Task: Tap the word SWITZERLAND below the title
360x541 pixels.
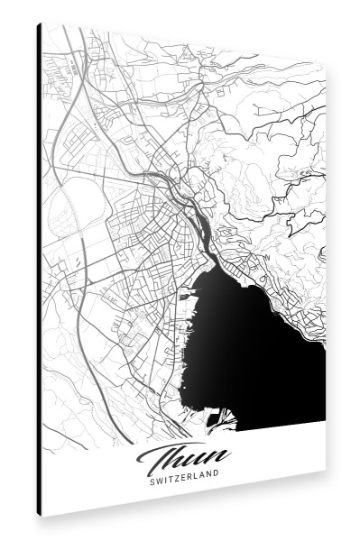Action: click(187, 479)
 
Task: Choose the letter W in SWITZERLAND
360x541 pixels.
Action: click(160, 480)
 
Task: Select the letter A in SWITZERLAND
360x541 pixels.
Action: click(204, 479)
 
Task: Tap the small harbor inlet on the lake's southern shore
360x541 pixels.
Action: click(217, 417)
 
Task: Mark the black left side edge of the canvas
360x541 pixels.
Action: click(39, 270)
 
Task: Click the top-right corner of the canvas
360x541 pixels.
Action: click(325, 65)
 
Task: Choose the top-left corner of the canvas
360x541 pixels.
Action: click(42, 23)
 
